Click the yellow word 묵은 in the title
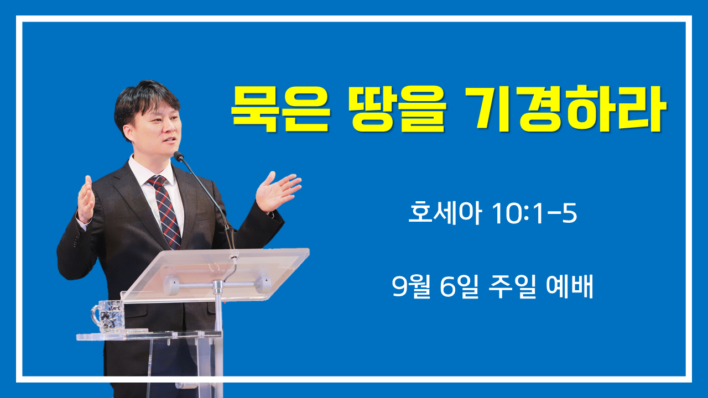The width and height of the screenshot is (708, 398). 280,109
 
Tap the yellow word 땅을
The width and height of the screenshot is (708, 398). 398,109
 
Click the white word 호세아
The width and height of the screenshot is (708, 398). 445,213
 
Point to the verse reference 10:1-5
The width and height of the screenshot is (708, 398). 534,213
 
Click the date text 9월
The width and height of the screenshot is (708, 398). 411,286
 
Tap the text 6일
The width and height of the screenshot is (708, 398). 459,286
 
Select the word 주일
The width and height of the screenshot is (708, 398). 512,286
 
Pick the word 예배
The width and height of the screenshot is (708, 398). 569,286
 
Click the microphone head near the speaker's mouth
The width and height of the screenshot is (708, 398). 179,156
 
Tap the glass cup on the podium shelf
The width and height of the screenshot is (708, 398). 108,316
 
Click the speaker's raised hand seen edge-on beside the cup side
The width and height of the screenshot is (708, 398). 86,199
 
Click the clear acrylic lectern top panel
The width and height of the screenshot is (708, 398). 215,274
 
